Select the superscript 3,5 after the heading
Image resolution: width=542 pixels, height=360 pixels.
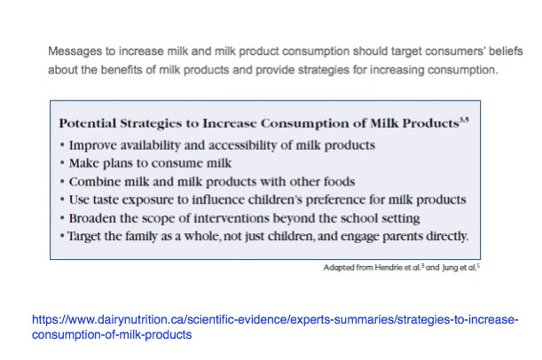[x=464, y=120]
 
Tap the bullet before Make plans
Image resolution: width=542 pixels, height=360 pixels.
[x=62, y=162]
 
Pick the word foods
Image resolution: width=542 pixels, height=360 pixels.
[x=339, y=182]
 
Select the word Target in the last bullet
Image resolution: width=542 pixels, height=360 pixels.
[x=80, y=237]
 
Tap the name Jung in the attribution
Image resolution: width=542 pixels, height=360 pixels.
[x=449, y=268]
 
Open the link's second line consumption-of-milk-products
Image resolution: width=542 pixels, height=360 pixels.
[x=112, y=334]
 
